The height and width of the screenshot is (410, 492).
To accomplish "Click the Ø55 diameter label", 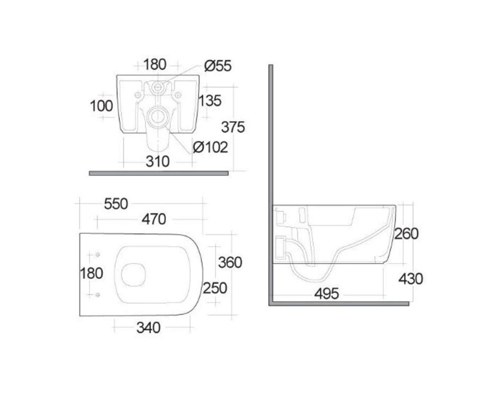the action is (218, 66).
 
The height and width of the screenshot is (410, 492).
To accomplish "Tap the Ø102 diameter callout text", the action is (210, 147).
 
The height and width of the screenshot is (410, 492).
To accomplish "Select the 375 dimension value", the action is (233, 127).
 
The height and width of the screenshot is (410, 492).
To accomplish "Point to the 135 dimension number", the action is (210, 101).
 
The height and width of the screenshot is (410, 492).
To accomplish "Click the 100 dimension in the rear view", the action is (101, 106).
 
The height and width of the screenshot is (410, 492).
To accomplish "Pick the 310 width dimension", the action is (158, 161).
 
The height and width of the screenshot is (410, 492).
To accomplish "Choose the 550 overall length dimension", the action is (116, 204).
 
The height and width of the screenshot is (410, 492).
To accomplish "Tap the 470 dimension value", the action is (154, 219).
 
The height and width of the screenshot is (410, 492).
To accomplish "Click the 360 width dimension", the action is (230, 262).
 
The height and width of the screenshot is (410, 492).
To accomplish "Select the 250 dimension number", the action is (215, 288).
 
